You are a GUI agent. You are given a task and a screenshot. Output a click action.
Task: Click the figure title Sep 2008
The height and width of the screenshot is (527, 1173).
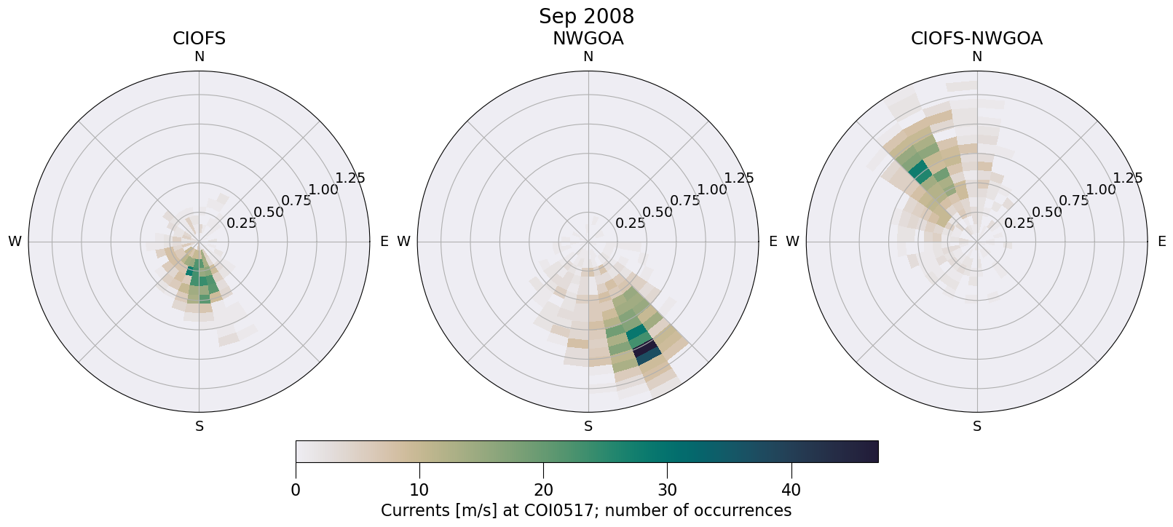coord(586,16)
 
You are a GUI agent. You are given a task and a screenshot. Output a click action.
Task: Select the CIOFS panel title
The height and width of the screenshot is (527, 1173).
coord(199,39)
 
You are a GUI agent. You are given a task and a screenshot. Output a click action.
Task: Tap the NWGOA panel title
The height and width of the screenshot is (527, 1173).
coord(588,39)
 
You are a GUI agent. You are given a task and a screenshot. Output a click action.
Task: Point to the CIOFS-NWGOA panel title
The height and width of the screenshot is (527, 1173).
coord(976,39)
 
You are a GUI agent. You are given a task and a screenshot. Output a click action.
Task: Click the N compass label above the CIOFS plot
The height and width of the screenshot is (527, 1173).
coord(199,57)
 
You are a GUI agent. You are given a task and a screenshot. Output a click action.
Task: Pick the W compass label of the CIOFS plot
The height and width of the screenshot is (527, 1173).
coord(15,242)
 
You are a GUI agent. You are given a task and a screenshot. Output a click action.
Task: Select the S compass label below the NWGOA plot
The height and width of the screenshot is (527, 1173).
coord(588,427)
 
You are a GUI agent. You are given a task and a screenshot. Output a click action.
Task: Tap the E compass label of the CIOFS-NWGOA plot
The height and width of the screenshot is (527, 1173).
coord(1161,242)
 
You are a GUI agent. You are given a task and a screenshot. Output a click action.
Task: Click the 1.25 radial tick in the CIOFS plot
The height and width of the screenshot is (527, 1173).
coord(350,178)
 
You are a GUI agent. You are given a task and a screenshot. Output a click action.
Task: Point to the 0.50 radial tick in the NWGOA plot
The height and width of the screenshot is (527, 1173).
coord(657,213)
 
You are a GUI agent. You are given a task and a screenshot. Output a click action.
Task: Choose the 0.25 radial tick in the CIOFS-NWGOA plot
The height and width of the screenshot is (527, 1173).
coord(1019,223)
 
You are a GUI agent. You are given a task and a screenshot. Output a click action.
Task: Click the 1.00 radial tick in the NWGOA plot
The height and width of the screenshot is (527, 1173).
coord(711,190)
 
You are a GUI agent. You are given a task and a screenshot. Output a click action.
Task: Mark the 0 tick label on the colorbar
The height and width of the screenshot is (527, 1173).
coord(296,490)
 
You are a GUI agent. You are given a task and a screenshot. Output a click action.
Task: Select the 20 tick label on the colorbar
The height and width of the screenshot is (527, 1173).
coord(543,490)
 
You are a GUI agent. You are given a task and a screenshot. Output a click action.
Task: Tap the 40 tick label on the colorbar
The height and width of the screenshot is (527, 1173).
coord(791,490)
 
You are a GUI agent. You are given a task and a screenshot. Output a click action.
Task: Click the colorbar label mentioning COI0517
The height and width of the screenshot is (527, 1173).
coord(586,510)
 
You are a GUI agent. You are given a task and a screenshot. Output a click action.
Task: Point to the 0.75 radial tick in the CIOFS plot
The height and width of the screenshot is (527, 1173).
coord(296,201)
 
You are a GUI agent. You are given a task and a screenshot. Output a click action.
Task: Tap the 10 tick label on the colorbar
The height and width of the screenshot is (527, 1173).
coord(419,490)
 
